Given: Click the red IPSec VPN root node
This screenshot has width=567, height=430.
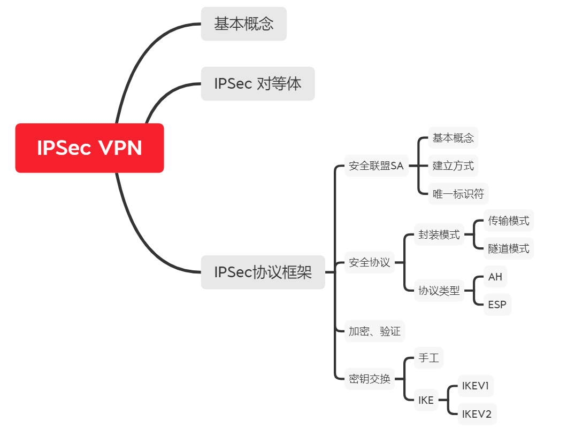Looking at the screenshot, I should click(89, 148).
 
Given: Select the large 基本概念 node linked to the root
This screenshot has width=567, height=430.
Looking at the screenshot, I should click(243, 24).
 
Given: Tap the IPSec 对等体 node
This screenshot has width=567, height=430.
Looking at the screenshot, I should click(257, 84).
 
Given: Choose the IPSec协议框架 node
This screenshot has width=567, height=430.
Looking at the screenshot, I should click(263, 272).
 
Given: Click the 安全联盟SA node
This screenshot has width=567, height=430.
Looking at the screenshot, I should click(376, 166).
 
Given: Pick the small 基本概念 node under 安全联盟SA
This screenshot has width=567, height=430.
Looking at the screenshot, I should click(453, 138).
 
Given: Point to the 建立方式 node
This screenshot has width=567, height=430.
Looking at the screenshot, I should click(453, 166).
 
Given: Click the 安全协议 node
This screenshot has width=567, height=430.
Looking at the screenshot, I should click(369, 263).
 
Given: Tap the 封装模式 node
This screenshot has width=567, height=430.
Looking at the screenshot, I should click(439, 235).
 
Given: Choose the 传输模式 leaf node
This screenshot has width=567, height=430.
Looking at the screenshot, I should click(509, 221).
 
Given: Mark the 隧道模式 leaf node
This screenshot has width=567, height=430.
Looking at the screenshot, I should click(509, 248).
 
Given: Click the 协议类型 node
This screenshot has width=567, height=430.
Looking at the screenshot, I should click(439, 291).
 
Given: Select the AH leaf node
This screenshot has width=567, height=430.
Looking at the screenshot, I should click(495, 277).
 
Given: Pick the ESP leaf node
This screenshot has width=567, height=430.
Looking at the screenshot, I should click(497, 305).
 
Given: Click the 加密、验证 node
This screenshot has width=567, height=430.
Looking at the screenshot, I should click(374, 332).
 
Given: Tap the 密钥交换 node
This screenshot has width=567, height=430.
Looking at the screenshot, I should click(369, 379).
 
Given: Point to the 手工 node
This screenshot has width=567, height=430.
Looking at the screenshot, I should click(428, 358).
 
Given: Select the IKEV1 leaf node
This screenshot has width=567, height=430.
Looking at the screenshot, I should click(476, 386).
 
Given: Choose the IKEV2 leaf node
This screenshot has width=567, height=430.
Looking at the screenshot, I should click(477, 414).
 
